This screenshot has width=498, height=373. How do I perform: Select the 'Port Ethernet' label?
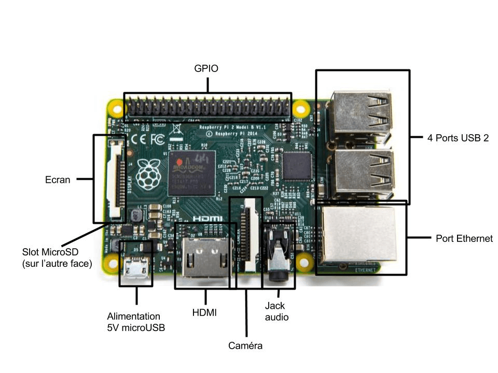(x=464, y=239)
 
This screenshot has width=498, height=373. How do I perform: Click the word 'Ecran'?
(x=58, y=180)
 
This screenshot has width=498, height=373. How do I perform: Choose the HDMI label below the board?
(x=204, y=312)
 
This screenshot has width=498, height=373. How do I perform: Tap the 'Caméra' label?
(x=245, y=345)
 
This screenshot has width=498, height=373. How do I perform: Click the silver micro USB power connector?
(x=136, y=269)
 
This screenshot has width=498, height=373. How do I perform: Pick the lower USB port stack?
(x=362, y=171)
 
